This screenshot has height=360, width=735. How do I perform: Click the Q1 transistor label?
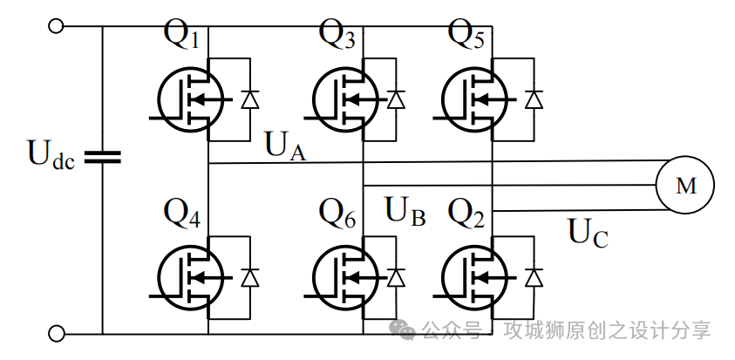pos(182,36)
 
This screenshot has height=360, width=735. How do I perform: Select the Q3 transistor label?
pos(337,36)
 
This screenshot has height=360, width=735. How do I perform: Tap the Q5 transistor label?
pos(466,36)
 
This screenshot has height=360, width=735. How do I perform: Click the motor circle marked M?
pos(685,185)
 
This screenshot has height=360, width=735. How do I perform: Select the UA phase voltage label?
pos(285,146)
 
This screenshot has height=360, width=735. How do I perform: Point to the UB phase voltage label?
pos(405,212)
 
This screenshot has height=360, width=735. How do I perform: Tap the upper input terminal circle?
pos(57,26)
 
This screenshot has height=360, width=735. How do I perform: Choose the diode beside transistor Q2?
pos(534,277)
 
